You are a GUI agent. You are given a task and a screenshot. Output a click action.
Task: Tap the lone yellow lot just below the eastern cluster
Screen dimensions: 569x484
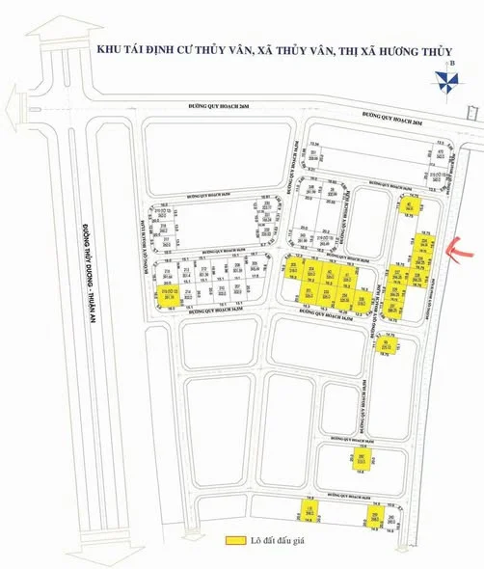[384, 346]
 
